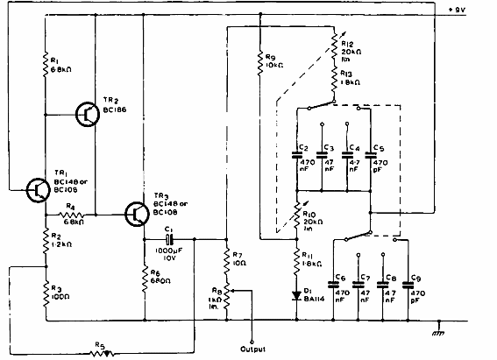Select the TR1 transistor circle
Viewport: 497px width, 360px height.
coord(38,188)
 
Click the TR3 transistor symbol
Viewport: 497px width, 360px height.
coord(138,213)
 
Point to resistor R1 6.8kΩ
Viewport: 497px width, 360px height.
coord(45,63)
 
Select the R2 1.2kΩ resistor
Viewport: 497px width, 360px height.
coord(45,241)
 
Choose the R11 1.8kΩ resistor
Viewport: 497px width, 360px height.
coord(298,258)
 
